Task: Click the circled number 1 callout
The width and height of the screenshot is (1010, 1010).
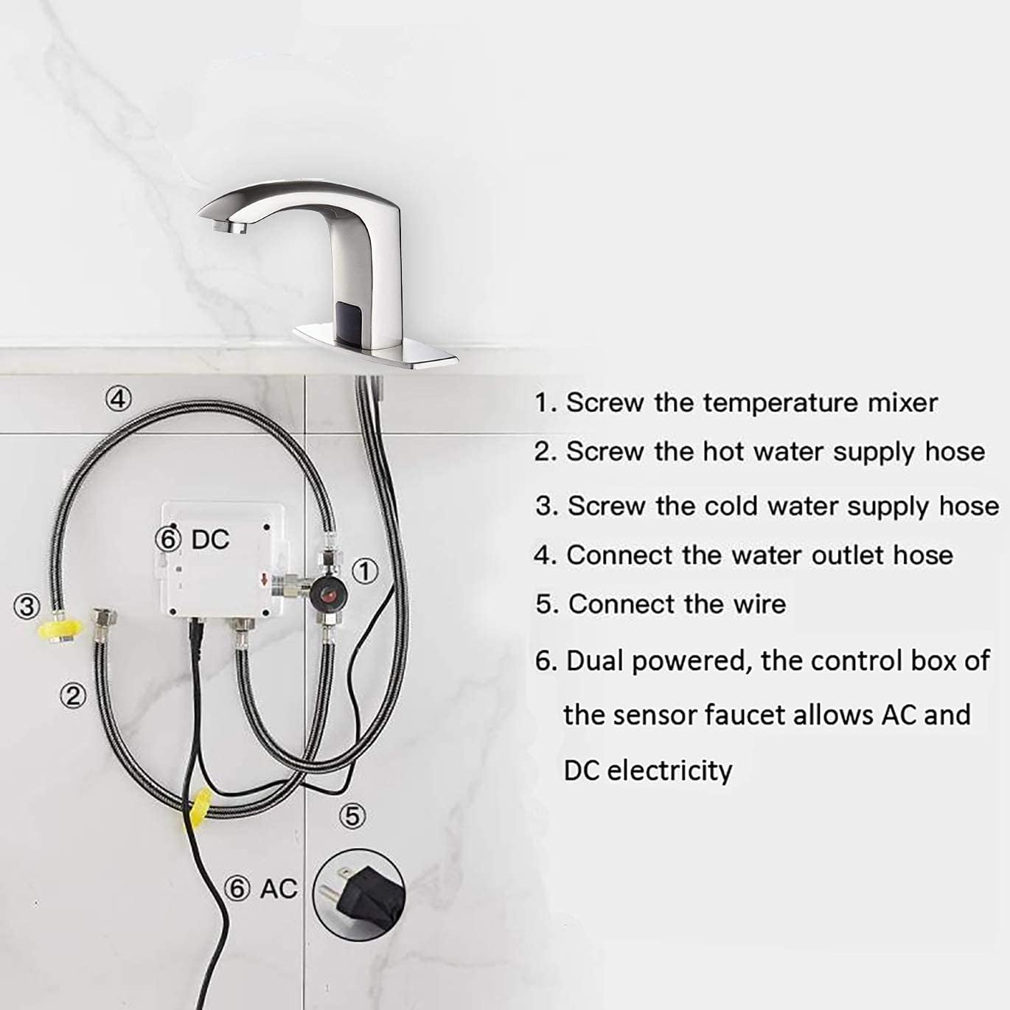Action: (x=364, y=571)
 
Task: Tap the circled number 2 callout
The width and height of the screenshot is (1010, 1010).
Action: (x=73, y=695)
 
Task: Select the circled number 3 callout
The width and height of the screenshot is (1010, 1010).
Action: (x=27, y=607)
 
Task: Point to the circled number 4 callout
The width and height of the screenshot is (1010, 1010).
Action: (x=118, y=399)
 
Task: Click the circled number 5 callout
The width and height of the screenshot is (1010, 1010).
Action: (x=353, y=816)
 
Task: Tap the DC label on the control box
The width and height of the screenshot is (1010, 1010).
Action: (x=210, y=540)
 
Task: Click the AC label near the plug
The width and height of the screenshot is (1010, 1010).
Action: (x=278, y=889)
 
